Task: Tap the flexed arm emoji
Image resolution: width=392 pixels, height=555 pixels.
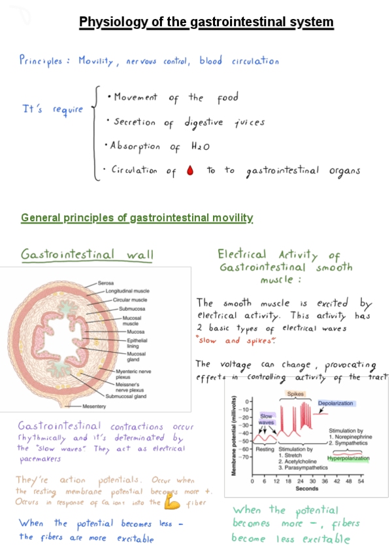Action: (172, 503)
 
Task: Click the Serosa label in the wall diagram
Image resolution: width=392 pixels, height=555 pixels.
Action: (106, 283)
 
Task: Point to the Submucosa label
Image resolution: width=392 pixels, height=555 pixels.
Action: (132, 308)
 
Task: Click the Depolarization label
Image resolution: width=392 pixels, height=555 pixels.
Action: (335, 403)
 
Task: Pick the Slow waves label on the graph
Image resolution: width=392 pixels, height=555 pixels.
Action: (267, 419)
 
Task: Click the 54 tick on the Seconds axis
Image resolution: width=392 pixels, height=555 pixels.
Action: (359, 481)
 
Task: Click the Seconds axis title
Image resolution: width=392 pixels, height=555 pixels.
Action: (306, 489)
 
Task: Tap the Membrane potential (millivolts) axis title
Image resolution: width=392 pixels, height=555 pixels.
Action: (234, 435)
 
